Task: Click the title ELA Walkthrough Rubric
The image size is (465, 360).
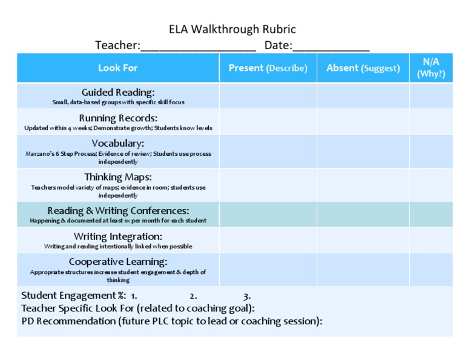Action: point(232,30)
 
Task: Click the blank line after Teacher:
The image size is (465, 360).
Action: point(198,47)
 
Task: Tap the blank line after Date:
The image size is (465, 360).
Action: point(331,47)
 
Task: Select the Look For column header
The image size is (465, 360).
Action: point(118,68)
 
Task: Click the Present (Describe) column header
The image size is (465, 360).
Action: point(268,68)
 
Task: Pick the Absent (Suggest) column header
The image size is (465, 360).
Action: point(363,68)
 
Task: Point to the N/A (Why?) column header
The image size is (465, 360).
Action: point(430,68)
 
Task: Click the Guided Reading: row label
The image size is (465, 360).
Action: point(118,92)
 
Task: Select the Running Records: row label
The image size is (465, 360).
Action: point(118,118)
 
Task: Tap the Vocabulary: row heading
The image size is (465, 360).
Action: point(118,144)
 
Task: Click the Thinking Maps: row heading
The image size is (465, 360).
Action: point(118,178)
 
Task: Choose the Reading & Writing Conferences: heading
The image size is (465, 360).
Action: point(118,211)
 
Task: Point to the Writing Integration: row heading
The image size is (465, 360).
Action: point(118,236)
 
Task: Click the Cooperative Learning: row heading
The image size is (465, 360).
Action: point(118,262)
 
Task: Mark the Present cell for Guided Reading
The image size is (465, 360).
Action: point(268,96)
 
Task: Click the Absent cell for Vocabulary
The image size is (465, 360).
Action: point(363,151)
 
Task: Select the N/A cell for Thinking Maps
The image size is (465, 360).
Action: point(430,185)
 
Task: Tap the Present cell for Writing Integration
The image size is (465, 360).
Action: point(268,240)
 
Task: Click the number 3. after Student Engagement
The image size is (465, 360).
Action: point(247,296)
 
